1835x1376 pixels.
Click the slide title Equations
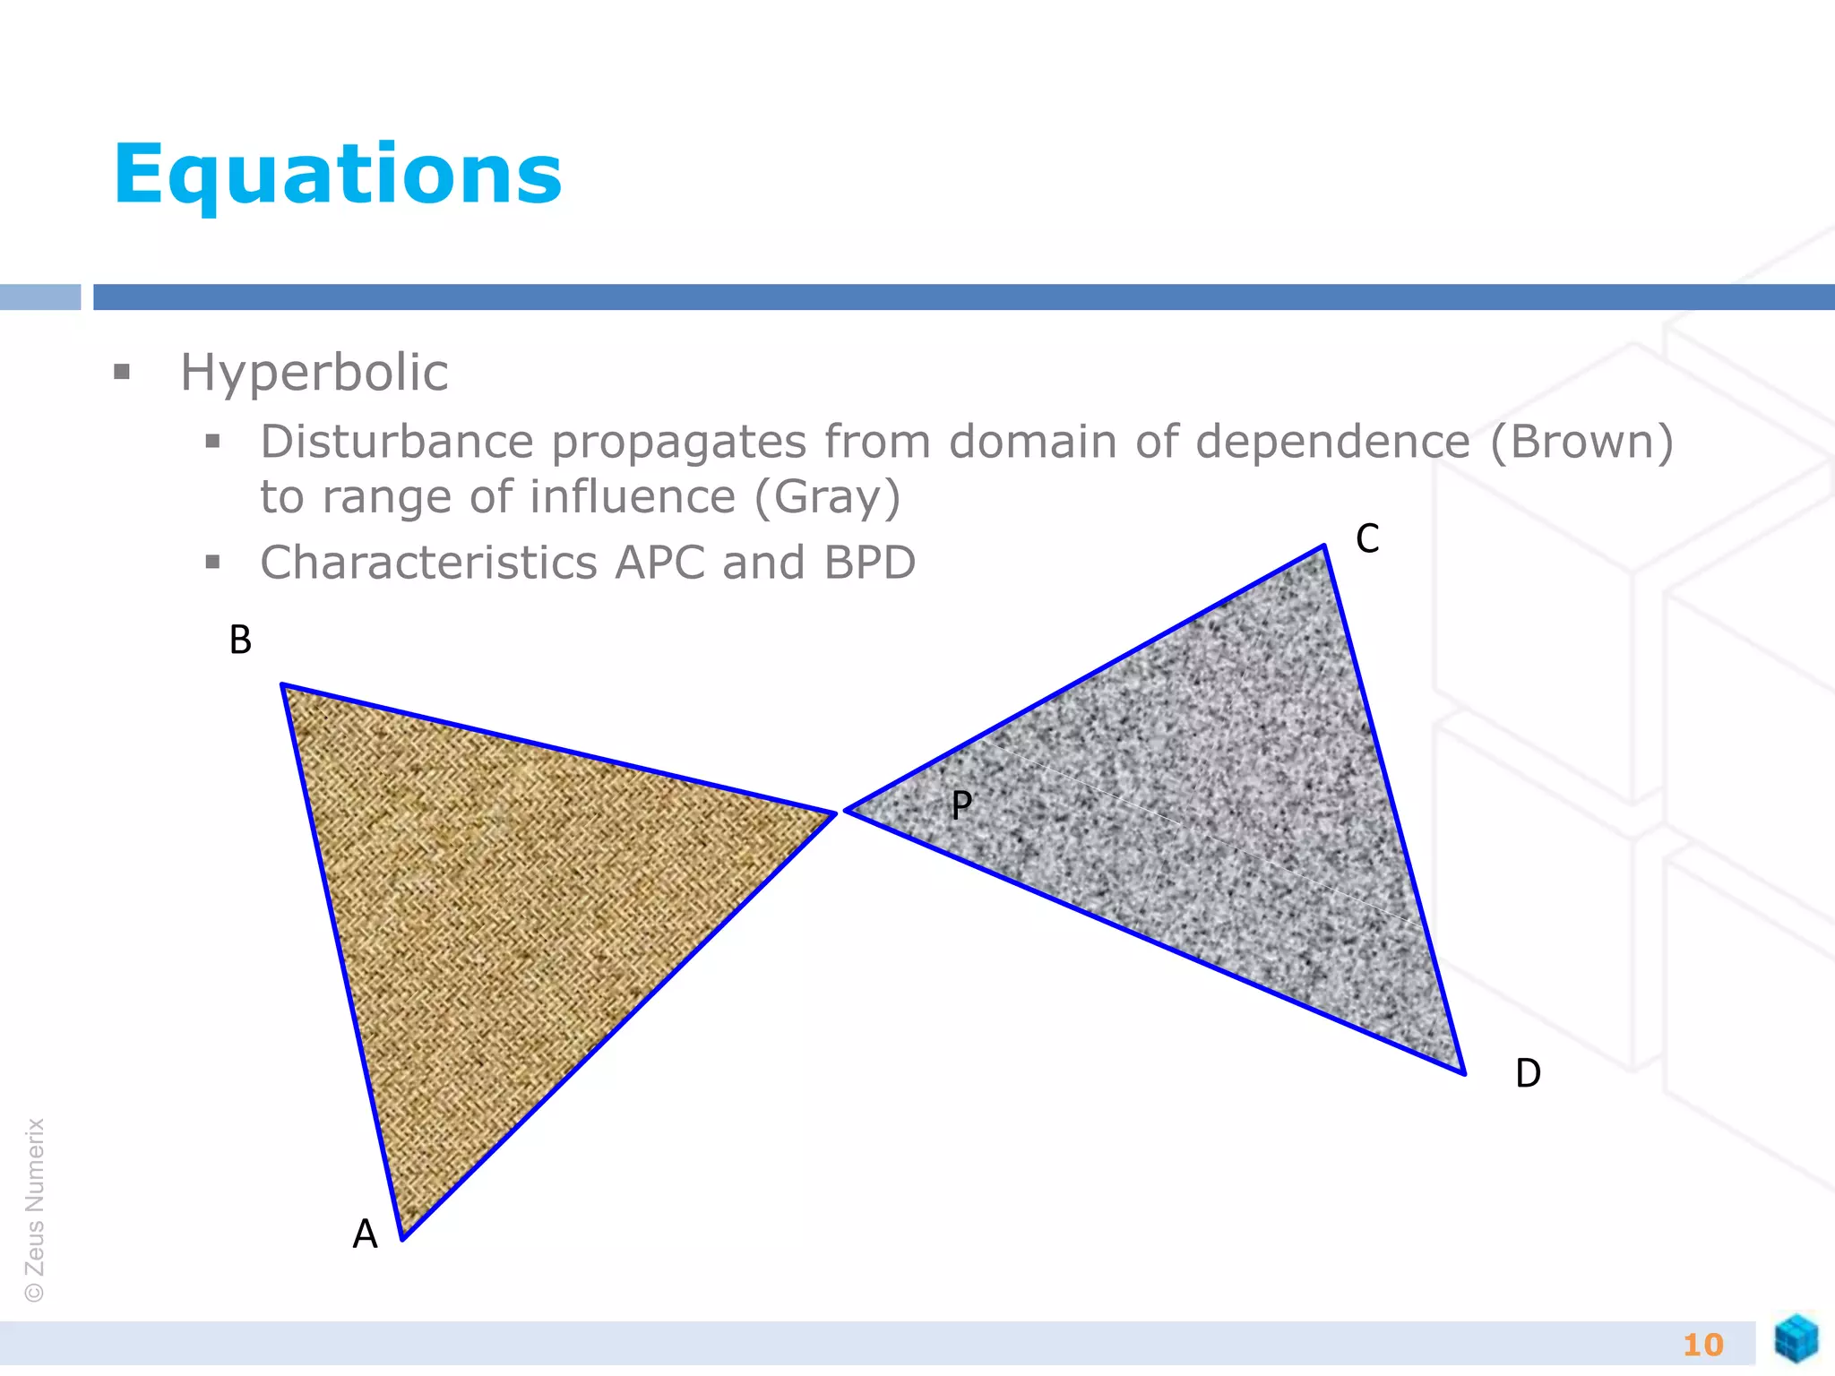[x=338, y=175]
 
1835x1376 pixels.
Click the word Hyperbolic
[x=314, y=373]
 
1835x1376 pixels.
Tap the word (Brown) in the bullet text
[x=1581, y=442]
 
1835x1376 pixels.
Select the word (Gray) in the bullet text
[x=827, y=497]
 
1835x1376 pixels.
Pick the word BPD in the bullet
[x=869, y=563]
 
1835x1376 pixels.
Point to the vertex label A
[x=365, y=1234]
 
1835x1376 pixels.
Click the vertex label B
[x=240, y=640]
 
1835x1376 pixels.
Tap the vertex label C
[x=1367, y=538]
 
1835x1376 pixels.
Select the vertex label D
[x=1528, y=1073]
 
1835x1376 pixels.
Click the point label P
[x=961, y=804]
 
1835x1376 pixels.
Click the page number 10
[x=1702, y=1345]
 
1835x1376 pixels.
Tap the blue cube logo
[x=1796, y=1338]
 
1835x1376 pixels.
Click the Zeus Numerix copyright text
[x=35, y=1209]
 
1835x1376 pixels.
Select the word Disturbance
[x=397, y=442]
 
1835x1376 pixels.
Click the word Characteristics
[x=428, y=563]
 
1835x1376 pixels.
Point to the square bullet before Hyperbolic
[x=123, y=372]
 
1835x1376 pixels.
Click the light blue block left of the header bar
[x=40, y=297]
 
